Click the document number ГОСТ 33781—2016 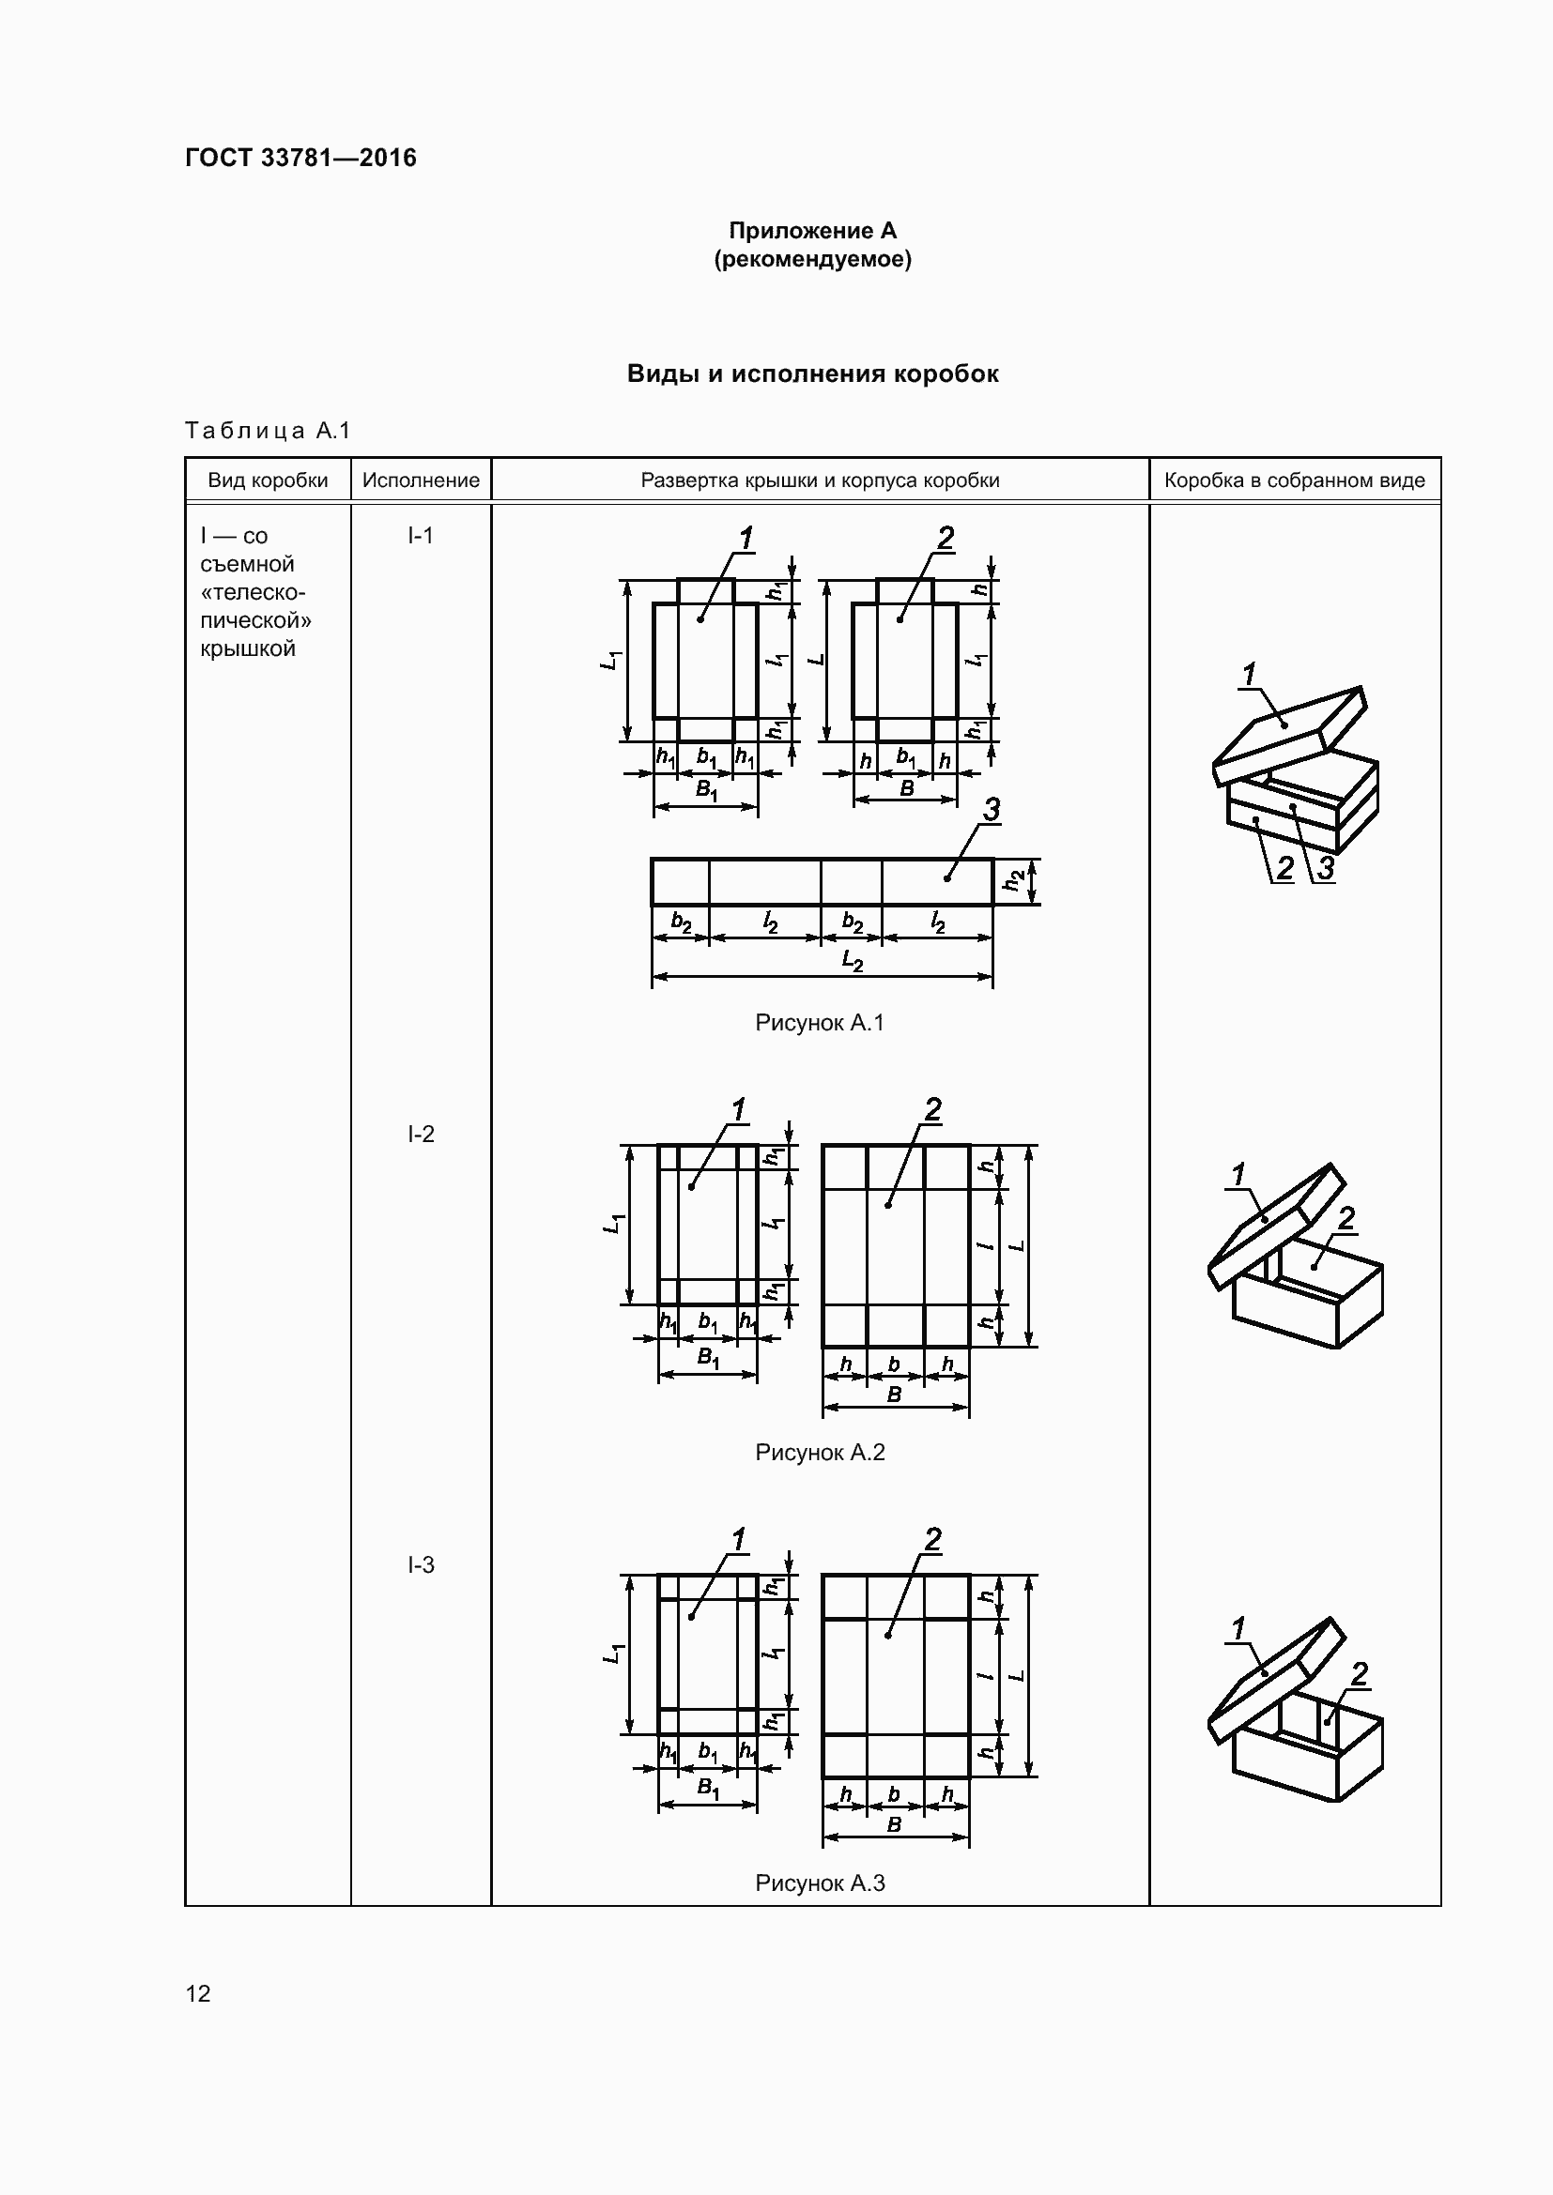(300, 158)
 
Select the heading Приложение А (812, 231)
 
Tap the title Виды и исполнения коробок (812, 373)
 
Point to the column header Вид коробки (268, 480)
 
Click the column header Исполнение (421, 480)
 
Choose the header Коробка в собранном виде (1294, 480)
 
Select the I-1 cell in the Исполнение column (421, 535)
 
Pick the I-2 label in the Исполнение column (421, 1134)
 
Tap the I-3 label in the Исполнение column (421, 1564)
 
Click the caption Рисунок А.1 (820, 1023)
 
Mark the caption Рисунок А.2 (820, 1452)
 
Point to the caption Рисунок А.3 (820, 1883)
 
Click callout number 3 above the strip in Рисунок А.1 (992, 810)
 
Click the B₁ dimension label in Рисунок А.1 (706, 790)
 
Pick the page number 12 (198, 1993)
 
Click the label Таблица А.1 (268, 430)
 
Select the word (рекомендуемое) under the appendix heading (812, 259)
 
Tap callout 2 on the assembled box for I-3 (1359, 1673)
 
